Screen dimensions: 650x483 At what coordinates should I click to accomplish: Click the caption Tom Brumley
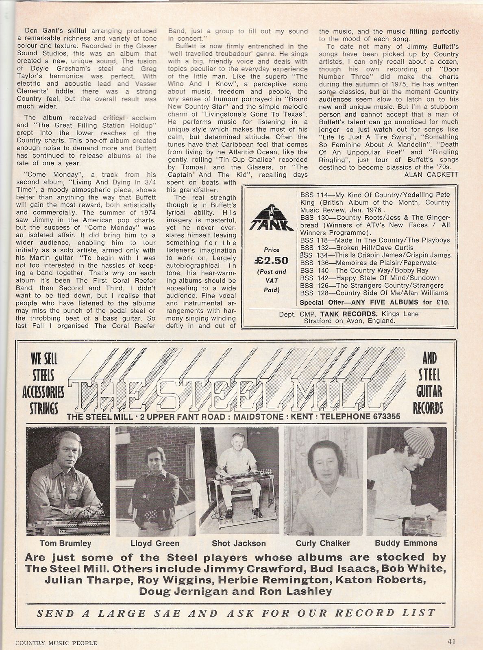click(65, 543)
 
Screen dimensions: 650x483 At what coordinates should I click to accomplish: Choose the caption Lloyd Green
click(155, 543)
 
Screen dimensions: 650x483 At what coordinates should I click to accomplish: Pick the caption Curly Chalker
click(323, 543)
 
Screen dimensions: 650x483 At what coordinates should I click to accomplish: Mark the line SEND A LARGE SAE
click(235, 613)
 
